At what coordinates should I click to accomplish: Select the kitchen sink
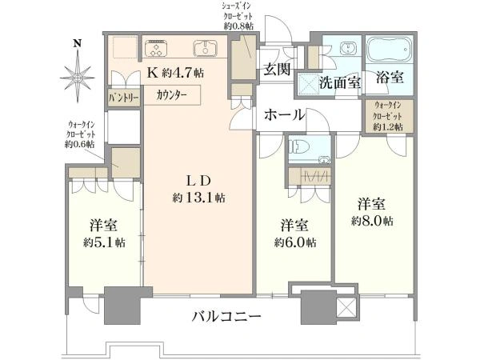205,48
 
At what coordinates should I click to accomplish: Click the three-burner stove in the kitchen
157,49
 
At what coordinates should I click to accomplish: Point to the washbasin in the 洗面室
348,48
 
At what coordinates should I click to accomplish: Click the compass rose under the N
78,78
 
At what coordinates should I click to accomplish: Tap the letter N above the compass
78,43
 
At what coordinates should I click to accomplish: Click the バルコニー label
227,316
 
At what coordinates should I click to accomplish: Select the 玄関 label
277,69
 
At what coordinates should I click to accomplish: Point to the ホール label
285,115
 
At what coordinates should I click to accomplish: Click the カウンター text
171,95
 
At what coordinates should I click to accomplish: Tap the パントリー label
124,98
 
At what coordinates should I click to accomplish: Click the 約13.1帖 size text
199,198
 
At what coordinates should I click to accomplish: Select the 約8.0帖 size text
372,221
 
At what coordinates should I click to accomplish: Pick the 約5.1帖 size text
104,242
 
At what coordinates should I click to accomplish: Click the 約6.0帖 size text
295,242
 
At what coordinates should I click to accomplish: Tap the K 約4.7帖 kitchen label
176,73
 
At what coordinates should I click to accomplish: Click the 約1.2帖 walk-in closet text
388,126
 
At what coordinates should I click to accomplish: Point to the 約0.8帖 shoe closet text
238,26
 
